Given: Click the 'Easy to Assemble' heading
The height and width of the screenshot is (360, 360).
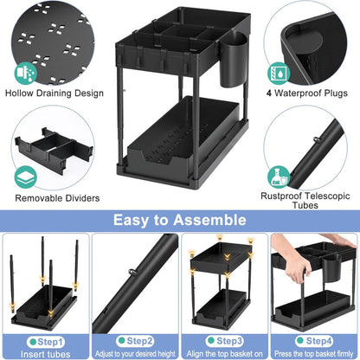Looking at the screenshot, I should click(x=179, y=221).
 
